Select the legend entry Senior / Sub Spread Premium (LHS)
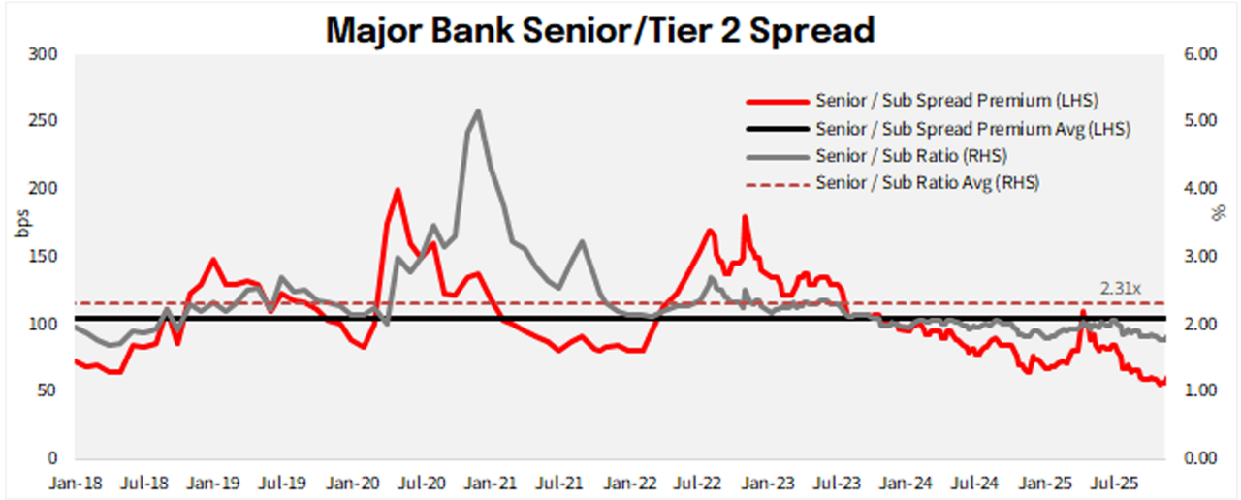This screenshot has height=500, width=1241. click(x=957, y=101)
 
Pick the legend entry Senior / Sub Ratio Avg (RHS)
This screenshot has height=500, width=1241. click(x=927, y=182)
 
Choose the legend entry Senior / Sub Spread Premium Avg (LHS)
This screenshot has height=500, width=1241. click(x=972, y=128)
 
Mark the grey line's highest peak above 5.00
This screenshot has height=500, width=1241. click(x=477, y=110)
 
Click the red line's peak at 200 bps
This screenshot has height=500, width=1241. click(x=398, y=190)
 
